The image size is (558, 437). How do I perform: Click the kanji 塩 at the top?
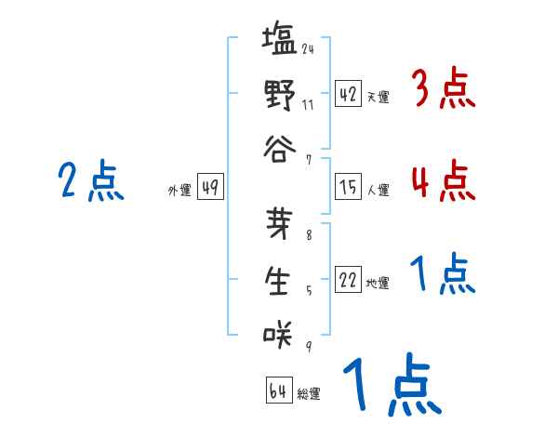[x=278, y=42]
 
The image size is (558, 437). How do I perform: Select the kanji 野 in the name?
[x=278, y=95]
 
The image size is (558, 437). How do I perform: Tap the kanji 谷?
[x=278, y=149]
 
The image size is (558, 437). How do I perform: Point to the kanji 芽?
[x=278, y=226]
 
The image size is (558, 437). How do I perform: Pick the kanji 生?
[x=278, y=280]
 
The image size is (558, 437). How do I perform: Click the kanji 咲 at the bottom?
[x=278, y=334]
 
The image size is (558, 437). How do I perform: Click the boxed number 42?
[x=348, y=94]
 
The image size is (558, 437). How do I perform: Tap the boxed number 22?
[x=348, y=280]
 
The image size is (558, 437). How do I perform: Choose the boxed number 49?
[x=209, y=188]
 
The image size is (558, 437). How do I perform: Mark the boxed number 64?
[x=277, y=391]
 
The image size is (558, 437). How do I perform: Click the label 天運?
[x=379, y=97]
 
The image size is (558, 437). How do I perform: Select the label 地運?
[x=379, y=283]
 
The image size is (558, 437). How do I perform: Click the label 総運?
[x=309, y=393]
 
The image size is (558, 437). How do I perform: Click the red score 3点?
[x=443, y=90]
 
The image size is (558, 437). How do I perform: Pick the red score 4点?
[x=443, y=179]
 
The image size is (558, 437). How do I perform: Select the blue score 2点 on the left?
[x=88, y=180]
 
